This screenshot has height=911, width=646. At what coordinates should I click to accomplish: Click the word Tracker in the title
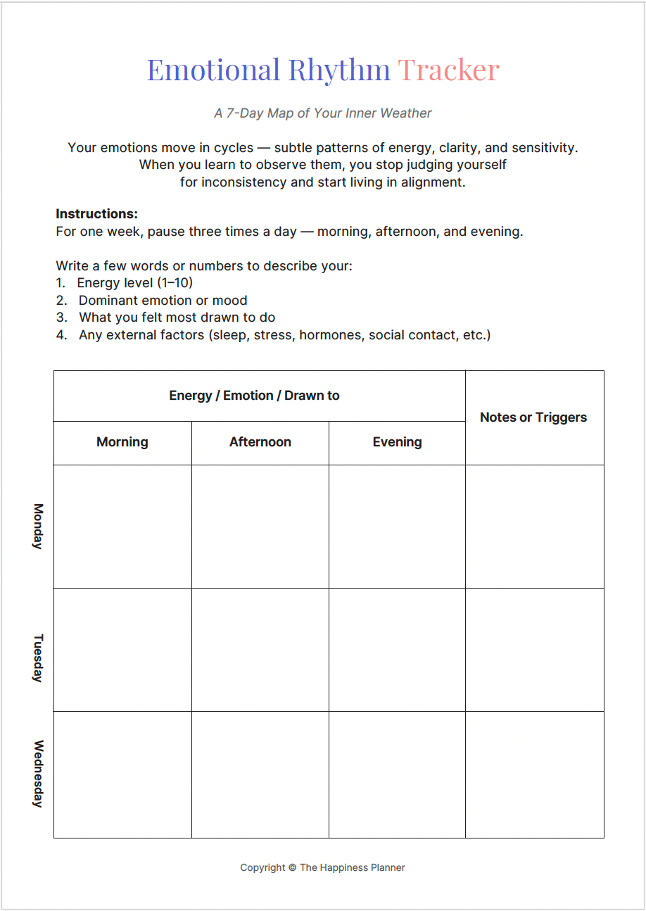click(448, 70)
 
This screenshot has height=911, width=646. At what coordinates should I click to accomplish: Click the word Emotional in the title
click(213, 70)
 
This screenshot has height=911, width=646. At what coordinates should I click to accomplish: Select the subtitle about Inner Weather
click(323, 113)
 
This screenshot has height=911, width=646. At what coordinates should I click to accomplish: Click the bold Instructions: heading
click(96, 213)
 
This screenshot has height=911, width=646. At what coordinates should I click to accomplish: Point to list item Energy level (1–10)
click(134, 283)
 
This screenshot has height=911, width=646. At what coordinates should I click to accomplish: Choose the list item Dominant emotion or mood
click(163, 300)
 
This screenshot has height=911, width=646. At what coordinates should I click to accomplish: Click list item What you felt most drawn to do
click(177, 318)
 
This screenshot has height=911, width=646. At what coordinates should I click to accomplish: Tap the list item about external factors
click(284, 335)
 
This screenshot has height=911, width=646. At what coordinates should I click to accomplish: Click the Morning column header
click(122, 442)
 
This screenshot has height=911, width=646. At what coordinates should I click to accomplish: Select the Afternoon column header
click(260, 442)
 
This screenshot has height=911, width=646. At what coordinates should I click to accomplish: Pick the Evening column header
click(397, 442)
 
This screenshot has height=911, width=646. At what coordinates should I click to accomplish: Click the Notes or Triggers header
click(533, 417)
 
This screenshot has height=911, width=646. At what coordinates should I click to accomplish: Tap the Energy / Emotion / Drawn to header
click(254, 396)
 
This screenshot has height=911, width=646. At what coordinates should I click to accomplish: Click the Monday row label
click(38, 526)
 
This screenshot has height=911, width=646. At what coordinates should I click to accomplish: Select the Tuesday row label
click(38, 658)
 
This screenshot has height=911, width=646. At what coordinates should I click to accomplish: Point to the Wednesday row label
click(38, 773)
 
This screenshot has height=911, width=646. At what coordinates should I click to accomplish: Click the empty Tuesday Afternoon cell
click(260, 649)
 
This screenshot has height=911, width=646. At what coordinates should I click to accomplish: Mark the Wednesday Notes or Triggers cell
click(534, 774)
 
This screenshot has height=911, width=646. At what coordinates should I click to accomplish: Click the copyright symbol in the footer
click(292, 867)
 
